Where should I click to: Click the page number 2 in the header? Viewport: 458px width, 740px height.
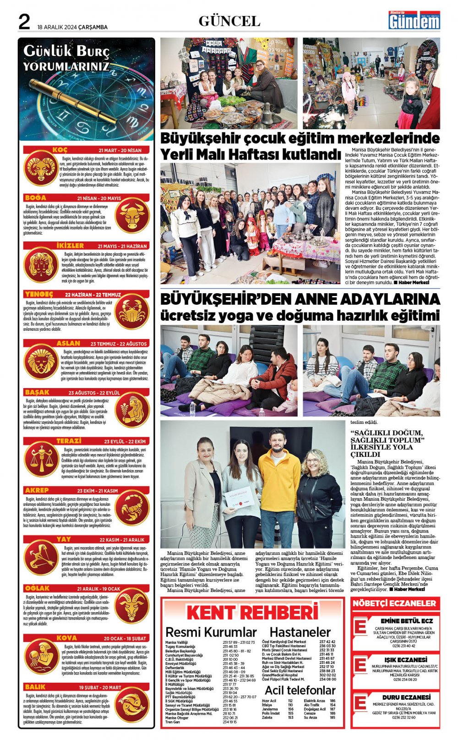tap(24, 22)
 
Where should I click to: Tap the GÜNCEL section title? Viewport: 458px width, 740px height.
tap(229, 21)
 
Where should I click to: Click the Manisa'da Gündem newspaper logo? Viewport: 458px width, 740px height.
tap(414, 20)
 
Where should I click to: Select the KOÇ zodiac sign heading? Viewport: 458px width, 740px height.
tap(60, 150)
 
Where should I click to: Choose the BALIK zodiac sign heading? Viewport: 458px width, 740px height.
tap(35, 687)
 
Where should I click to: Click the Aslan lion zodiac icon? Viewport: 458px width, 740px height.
tap(42, 361)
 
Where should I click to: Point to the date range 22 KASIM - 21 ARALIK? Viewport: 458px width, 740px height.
tap(122, 540)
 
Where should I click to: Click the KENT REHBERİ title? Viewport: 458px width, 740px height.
tap(252, 613)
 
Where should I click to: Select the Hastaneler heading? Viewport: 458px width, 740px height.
tap(300, 632)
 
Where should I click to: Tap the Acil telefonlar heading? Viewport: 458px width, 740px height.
tap(300, 690)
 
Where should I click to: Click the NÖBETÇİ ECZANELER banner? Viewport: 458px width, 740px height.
tap(394, 603)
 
